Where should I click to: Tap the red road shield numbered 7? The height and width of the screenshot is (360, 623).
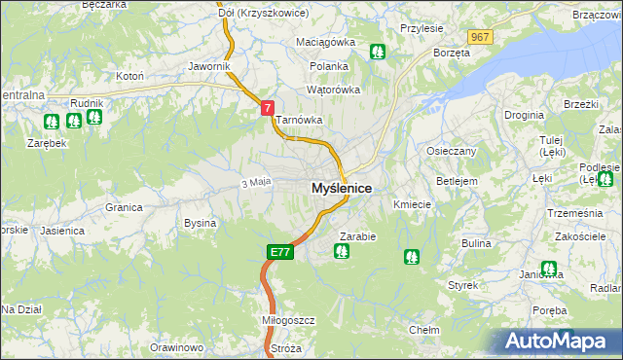pyautogui.click(x=268, y=109)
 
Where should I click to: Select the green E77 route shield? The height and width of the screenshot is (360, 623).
pyautogui.click(x=279, y=252)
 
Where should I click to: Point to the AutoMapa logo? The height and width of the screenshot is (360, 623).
pyautogui.click(x=560, y=341)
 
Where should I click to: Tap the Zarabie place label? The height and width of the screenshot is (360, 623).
pyautogui.click(x=358, y=236)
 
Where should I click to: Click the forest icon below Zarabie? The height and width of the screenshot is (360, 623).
pyautogui.click(x=342, y=252)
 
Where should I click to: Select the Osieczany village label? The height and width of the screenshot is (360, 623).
pyautogui.click(x=452, y=152)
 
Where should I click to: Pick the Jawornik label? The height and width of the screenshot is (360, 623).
pyautogui.click(x=209, y=66)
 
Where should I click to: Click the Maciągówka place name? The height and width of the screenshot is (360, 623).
pyautogui.click(x=326, y=43)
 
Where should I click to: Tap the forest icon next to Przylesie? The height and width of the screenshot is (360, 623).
pyautogui.click(x=379, y=52)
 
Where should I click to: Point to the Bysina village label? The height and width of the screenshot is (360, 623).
pyautogui.click(x=200, y=223)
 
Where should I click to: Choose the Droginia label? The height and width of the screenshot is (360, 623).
pyautogui.click(x=524, y=115)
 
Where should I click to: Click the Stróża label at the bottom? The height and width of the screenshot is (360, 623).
pyautogui.click(x=286, y=348)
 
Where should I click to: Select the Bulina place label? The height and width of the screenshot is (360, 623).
pyautogui.click(x=476, y=242)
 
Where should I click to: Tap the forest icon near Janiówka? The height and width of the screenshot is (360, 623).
pyautogui.click(x=549, y=269)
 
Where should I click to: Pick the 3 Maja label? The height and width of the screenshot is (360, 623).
pyautogui.click(x=255, y=182)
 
